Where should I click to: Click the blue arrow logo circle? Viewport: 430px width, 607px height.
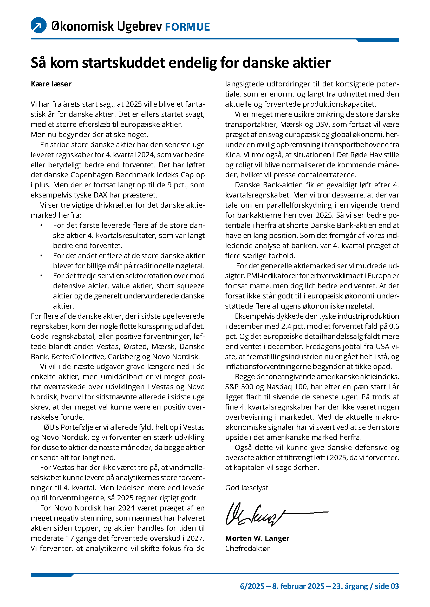pos(39,25)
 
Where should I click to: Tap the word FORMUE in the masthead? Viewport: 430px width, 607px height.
pos(187,27)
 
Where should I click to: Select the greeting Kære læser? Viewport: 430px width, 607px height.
pos(51,84)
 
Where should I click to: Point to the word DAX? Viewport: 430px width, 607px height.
pos(101,195)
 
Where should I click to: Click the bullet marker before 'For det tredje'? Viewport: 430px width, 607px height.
pos(41,276)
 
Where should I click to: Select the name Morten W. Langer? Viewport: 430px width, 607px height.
pos(257,538)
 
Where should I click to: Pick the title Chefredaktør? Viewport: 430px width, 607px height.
pos(247,548)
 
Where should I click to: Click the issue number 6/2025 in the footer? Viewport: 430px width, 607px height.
pos(252,586)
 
